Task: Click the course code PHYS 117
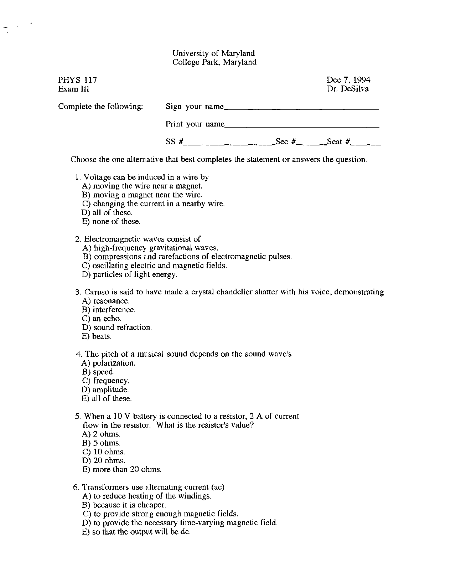coord(78,80)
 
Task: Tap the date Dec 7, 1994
coord(348,80)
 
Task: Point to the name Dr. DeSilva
coord(348,89)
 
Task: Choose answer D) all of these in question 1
coord(107,213)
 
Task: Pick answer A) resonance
coord(103,301)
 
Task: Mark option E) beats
coord(97,336)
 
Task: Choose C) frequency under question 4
coord(105,381)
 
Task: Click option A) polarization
coord(109,363)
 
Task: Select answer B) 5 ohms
coord(102,443)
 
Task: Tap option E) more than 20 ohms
coord(122,470)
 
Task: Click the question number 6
coord(77,487)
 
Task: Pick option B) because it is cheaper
coord(124,505)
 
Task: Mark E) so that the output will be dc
coord(136,532)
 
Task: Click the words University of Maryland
coord(213,53)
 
